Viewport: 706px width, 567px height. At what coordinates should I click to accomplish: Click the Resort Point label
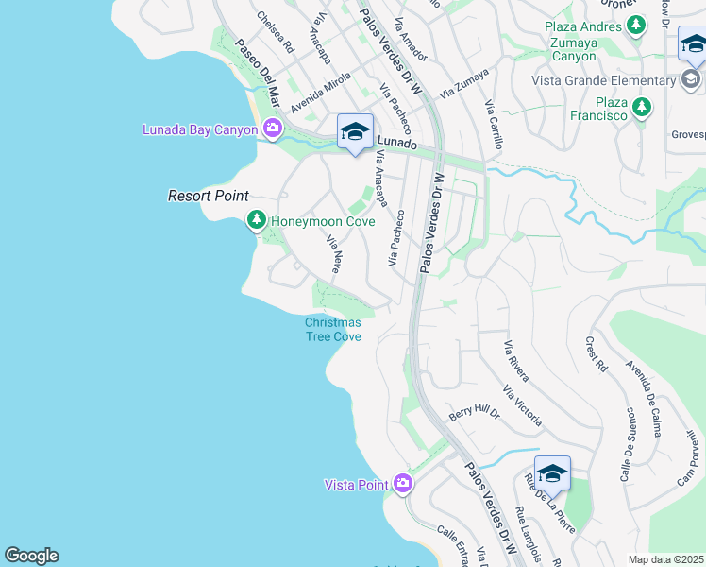(x=208, y=196)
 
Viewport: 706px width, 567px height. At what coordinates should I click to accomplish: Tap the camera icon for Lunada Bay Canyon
(x=273, y=129)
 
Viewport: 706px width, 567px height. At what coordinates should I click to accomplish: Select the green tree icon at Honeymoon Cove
(x=256, y=221)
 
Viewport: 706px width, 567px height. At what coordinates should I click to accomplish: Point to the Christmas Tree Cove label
(x=332, y=329)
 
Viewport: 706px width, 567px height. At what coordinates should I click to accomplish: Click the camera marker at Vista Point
(x=403, y=484)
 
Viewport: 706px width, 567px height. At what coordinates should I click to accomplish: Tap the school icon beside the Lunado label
(x=355, y=131)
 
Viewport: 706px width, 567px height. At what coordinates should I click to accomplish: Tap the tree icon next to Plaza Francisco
(x=642, y=107)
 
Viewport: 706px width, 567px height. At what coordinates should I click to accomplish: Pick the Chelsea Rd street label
(x=275, y=30)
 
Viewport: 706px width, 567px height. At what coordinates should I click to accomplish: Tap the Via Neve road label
(x=333, y=254)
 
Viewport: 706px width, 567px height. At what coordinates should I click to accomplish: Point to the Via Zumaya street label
(x=463, y=83)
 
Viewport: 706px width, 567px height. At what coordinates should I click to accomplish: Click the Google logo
(x=31, y=556)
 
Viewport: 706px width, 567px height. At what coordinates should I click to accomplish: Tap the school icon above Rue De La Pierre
(x=552, y=472)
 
